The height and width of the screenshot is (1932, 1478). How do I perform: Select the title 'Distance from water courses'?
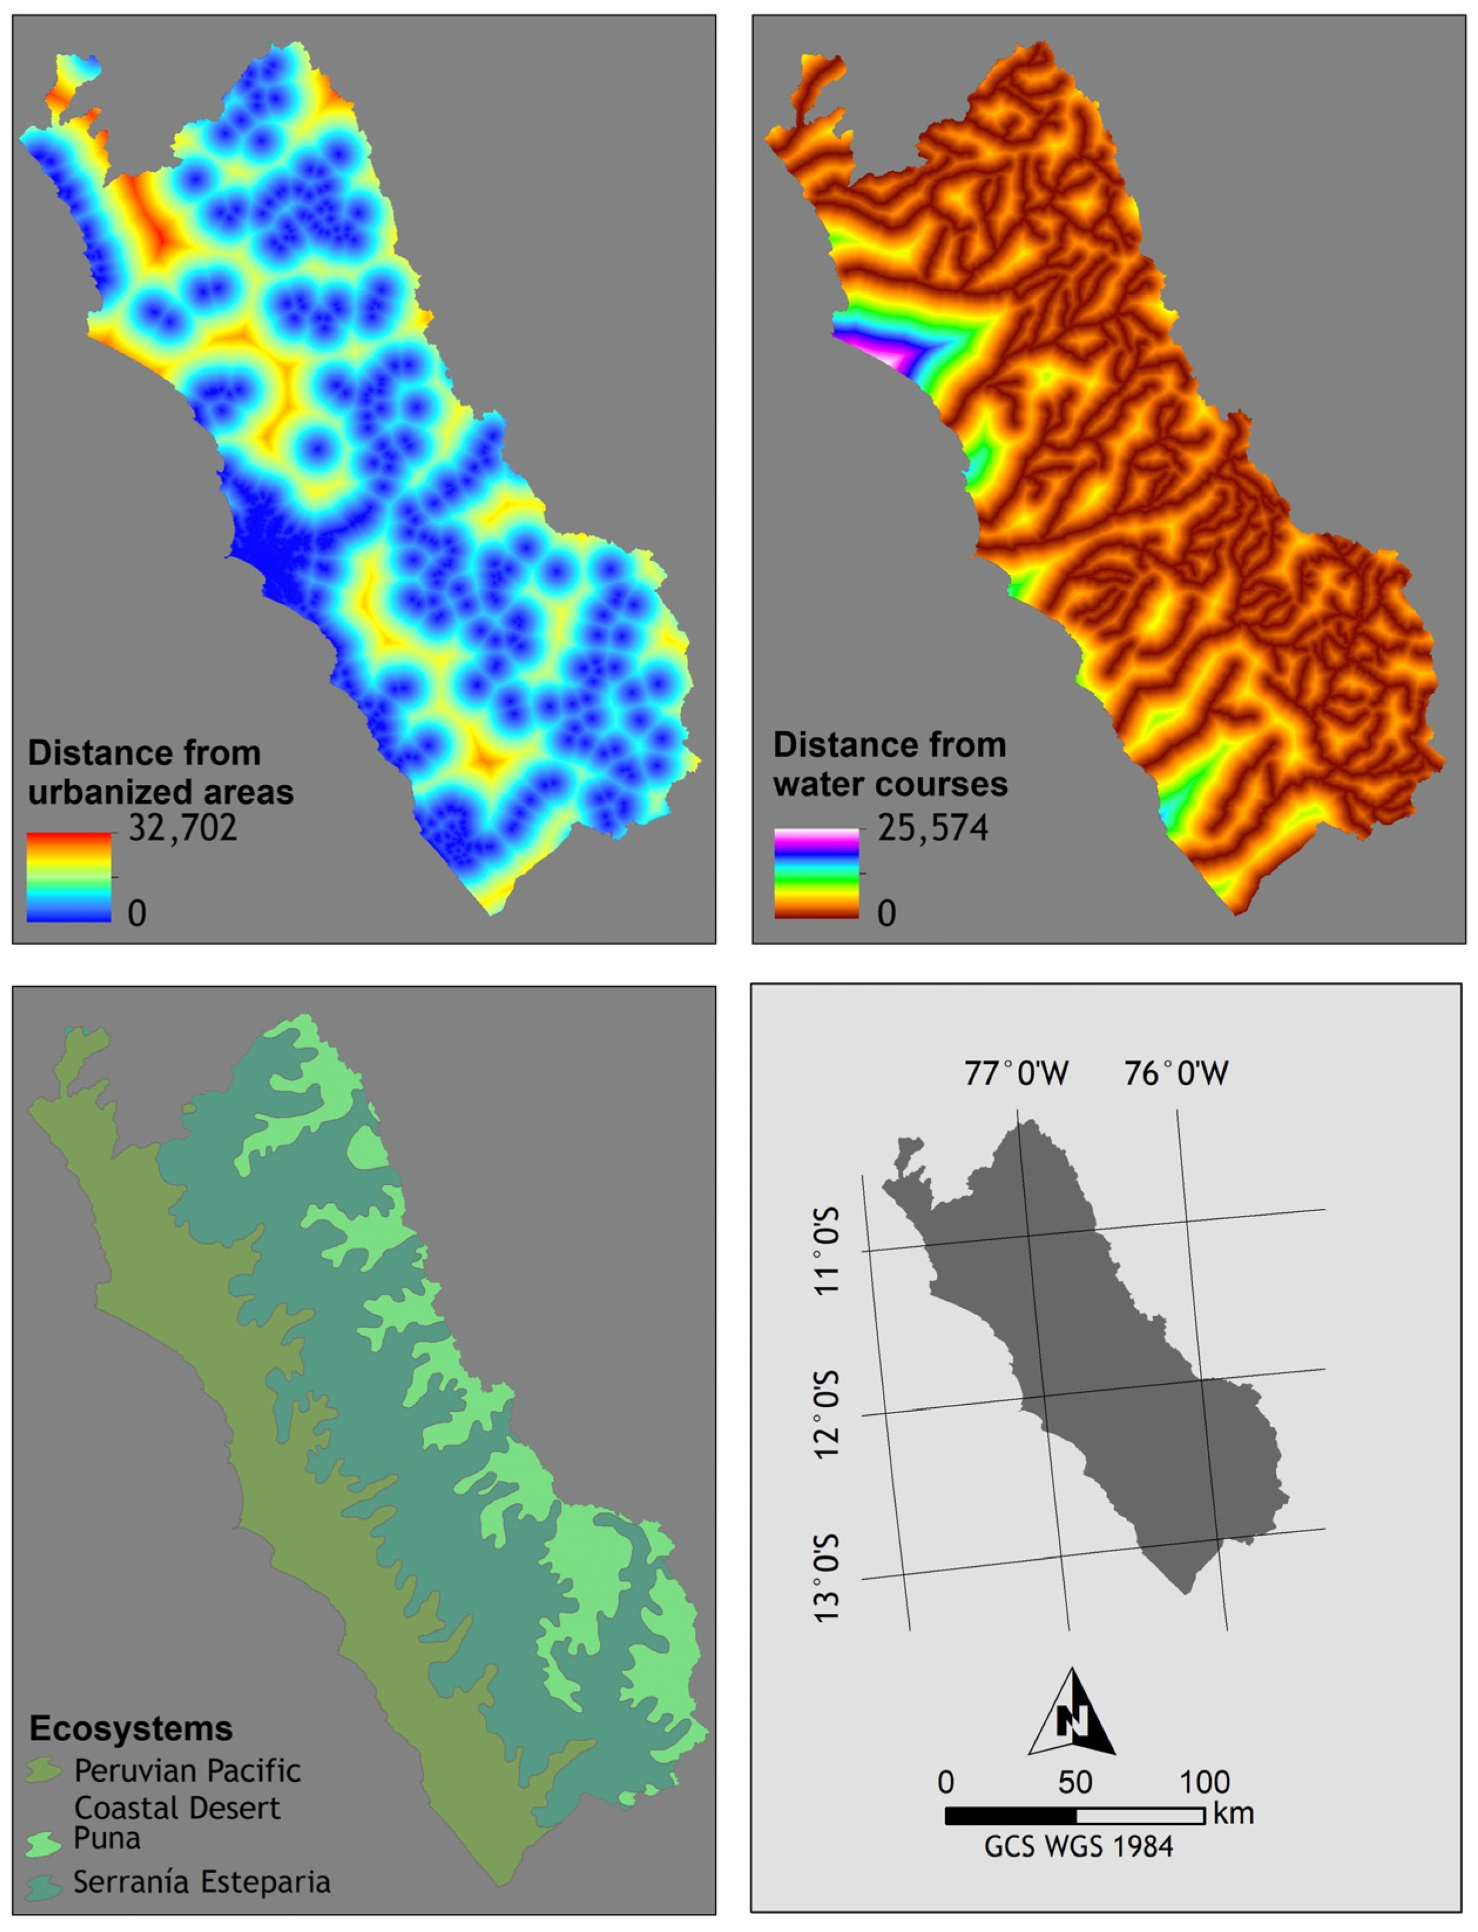pos(889,764)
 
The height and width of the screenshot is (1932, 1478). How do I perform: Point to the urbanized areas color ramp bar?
pos(69,877)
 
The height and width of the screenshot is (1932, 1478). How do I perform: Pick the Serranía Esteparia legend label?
pos(201,1882)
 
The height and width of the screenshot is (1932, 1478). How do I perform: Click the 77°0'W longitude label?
pos(1016,1073)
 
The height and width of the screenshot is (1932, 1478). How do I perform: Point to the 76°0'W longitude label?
pos(1176,1073)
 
